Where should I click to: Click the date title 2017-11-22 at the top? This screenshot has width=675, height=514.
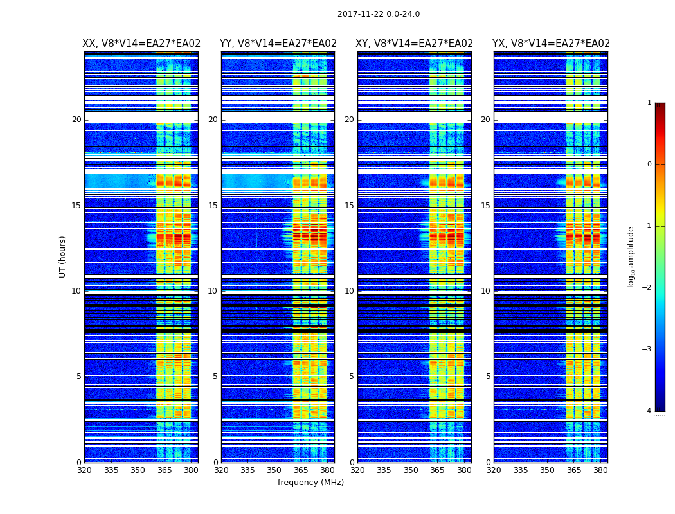point(378,14)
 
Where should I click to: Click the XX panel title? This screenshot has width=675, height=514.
point(141,44)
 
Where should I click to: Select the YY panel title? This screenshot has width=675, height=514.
point(278,44)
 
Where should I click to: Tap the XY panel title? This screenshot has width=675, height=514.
point(415,44)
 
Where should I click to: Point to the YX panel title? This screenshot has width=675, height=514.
point(551,44)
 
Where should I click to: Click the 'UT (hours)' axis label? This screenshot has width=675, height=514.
point(63,256)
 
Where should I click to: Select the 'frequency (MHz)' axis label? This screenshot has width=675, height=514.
point(310,483)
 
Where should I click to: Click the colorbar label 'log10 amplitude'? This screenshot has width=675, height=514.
point(631,256)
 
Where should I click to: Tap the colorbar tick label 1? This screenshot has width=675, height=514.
point(649,103)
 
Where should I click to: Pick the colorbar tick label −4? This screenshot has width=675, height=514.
point(647,411)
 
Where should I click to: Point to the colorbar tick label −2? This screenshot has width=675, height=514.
point(647,288)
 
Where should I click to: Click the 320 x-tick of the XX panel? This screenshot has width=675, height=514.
point(84,470)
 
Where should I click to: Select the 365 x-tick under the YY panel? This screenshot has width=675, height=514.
point(301,470)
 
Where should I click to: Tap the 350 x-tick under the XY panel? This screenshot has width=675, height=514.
point(411,470)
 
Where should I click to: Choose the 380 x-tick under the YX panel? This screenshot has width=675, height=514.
point(600,470)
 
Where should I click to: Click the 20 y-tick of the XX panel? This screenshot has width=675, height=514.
point(76,120)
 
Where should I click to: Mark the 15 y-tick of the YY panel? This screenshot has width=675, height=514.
point(213,206)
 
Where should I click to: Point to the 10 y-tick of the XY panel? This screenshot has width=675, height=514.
point(349,291)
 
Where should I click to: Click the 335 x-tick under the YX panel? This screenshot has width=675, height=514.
point(521,470)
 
